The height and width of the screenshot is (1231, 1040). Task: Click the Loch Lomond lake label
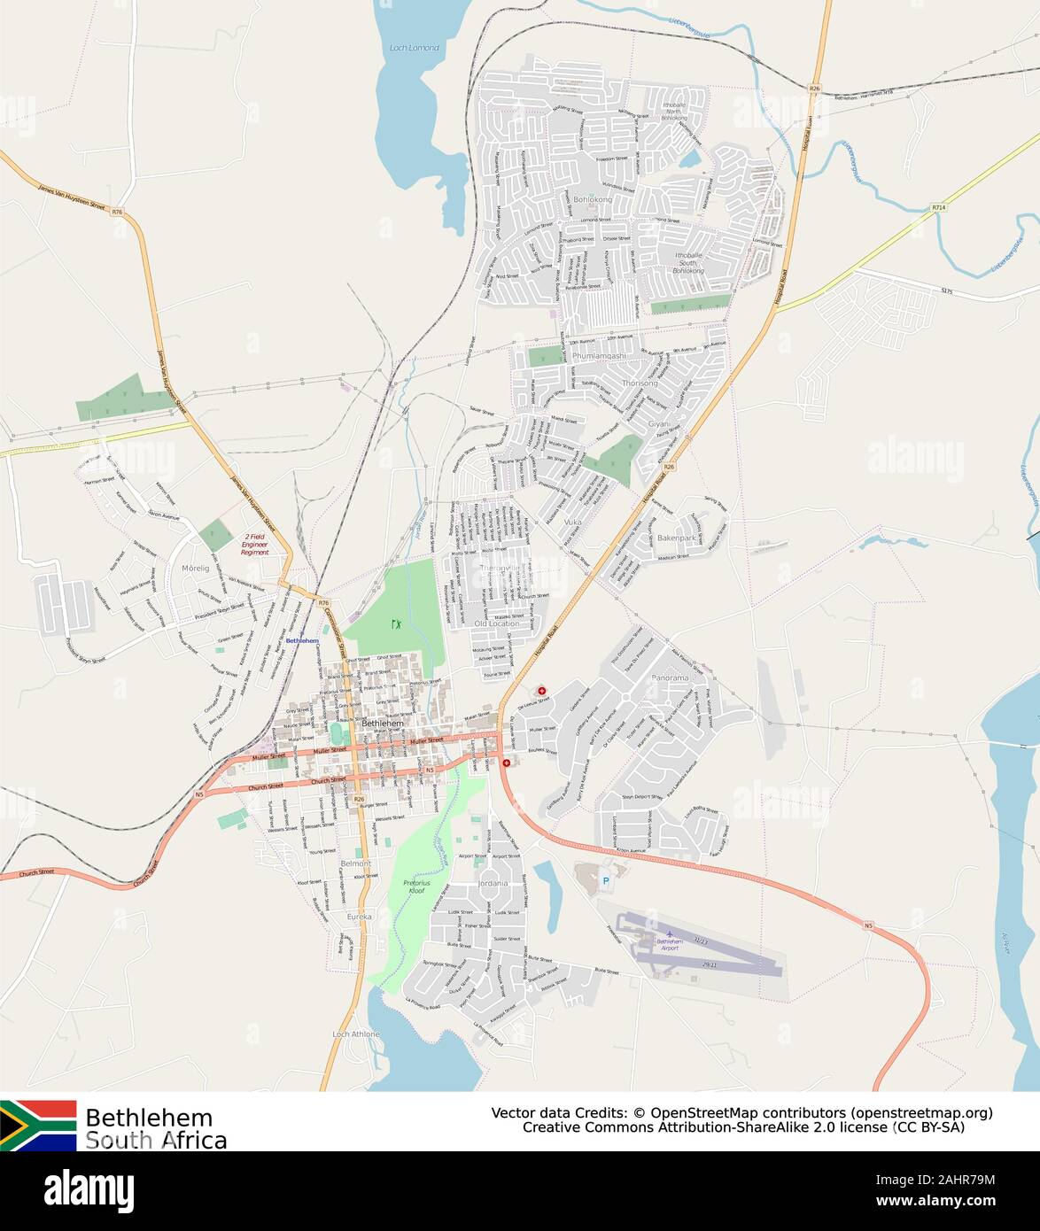pos(414,48)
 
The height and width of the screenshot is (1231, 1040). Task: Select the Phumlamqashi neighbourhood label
pos(599,356)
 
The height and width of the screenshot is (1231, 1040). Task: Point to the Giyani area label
pos(660,424)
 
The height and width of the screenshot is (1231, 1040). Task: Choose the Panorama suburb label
pos(669,677)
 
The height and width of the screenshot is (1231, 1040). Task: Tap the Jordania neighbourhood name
pos(492,883)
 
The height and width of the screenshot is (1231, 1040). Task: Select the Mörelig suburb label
pos(195,567)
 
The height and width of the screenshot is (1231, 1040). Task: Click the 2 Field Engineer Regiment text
pos(256,544)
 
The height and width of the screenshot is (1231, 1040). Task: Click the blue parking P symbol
pos(606,880)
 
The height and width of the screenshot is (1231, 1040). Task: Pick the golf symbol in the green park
pos(395,624)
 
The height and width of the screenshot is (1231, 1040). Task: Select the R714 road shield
pos(939,207)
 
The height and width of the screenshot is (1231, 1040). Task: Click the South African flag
pos(38,1125)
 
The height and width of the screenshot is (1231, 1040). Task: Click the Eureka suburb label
pos(360,917)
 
